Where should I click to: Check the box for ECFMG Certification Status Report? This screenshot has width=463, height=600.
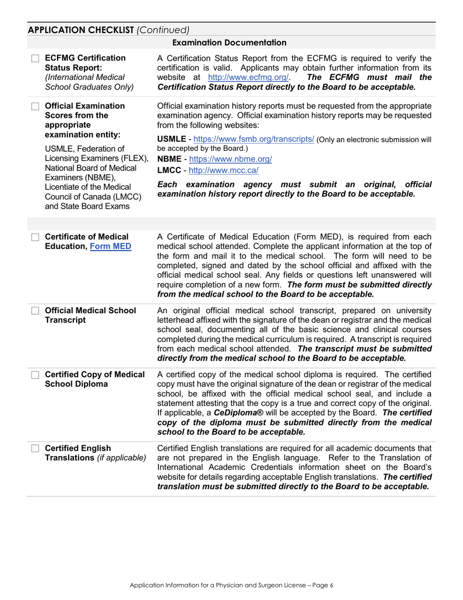[x=35, y=59]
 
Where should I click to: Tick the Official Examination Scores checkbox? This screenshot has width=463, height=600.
[x=35, y=106]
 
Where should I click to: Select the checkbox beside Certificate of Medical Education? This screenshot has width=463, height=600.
[x=35, y=237]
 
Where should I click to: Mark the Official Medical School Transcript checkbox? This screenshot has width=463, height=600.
[x=35, y=311]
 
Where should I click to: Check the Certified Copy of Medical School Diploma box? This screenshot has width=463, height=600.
[x=35, y=375]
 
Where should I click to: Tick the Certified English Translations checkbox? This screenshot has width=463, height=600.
[x=35, y=448]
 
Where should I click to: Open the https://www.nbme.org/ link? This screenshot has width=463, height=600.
[x=230, y=159]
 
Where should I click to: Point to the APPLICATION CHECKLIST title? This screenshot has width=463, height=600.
[x=81, y=30]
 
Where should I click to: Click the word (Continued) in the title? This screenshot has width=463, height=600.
[x=163, y=30]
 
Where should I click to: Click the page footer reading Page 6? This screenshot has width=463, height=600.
[x=231, y=585]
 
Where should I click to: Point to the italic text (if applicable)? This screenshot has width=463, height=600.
[x=122, y=458]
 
